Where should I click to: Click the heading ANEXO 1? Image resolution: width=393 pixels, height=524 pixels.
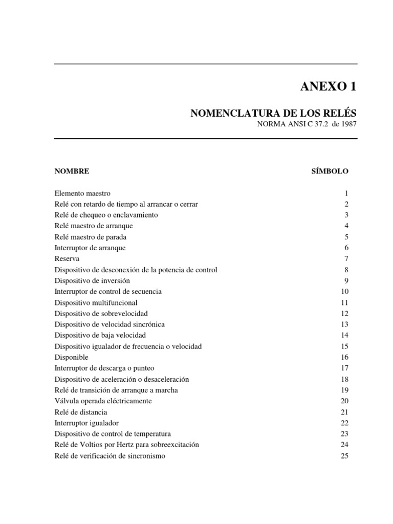pyautogui.click(x=327, y=86)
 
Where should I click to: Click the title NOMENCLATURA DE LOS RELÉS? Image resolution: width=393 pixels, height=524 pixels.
pyautogui.click(x=273, y=114)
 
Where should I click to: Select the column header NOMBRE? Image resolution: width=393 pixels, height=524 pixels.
pyautogui.click(x=72, y=171)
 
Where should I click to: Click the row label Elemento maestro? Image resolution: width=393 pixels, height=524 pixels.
pyautogui.click(x=82, y=193)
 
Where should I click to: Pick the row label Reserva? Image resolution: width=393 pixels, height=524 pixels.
pyautogui.click(x=67, y=259)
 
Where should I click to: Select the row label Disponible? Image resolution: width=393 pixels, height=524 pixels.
pyautogui.click(x=71, y=357)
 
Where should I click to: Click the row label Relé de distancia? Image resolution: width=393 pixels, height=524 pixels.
pyautogui.click(x=81, y=412)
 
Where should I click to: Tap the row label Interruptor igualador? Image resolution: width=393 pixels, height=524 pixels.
pyautogui.click(x=86, y=423)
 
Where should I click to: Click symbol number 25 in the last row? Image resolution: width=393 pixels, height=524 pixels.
pyautogui.click(x=344, y=455)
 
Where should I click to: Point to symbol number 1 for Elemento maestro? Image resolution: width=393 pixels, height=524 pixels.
pyautogui.click(x=346, y=193)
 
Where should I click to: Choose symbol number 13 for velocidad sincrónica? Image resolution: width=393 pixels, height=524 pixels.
pyautogui.click(x=344, y=324)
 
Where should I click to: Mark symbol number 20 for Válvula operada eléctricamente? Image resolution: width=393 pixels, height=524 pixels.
pyautogui.click(x=344, y=401)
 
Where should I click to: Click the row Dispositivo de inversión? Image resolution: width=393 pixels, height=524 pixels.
pyautogui.click(x=92, y=280)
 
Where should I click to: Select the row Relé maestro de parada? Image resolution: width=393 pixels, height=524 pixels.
pyautogui.click(x=91, y=237)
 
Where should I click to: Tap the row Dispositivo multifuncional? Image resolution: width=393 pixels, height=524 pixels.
pyautogui.click(x=96, y=302)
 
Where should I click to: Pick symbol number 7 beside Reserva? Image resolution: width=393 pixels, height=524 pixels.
pyautogui.click(x=346, y=259)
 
